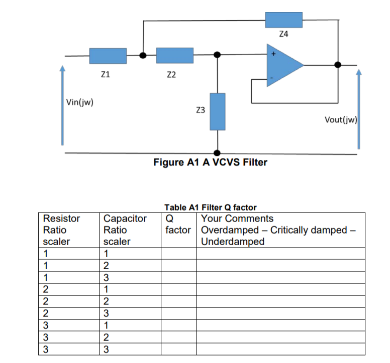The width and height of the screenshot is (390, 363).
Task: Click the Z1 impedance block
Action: pyautogui.click(x=108, y=56)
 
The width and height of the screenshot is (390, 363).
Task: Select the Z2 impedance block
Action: pyautogui.click(x=174, y=55)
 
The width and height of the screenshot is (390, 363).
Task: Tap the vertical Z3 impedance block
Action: pyautogui.click(x=218, y=112)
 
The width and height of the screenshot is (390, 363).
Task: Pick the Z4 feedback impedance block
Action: pyautogui.click(x=284, y=20)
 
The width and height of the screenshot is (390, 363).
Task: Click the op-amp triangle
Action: pyautogui.click(x=282, y=66)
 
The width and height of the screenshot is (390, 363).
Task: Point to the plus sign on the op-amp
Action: pyautogui.click(x=273, y=54)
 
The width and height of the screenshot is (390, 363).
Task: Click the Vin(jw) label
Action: pyautogui.click(x=80, y=102)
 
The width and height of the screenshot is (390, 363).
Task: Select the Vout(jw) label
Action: pyautogui.click(x=341, y=120)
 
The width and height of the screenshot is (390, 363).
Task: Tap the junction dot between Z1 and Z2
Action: pyautogui.click(x=143, y=55)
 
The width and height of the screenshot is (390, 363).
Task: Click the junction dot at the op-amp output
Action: pyautogui.click(x=338, y=65)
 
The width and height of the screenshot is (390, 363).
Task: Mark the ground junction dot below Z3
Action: pyautogui.click(x=217, y=152)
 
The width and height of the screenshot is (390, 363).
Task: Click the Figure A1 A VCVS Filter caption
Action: pyautogui.click(x=210, y=162)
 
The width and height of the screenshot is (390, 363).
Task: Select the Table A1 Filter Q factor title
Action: pyautogui.click(x=211, y=208)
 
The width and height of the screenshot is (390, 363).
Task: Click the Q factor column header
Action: pyautogui.click(x=178, y=224)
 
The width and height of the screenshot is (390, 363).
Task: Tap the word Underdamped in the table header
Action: pyautogui.click(x=233, y=242)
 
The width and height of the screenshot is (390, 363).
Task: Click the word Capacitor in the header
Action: pyautogui.click(x=125, y=219)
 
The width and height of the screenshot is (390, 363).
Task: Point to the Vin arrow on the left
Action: pyautogui.click(x=62, y=105)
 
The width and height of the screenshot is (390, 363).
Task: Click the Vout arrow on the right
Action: pyautogui.click(x=359, y=109)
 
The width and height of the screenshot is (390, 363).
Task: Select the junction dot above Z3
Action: pyautogui.click(x=217, y=55)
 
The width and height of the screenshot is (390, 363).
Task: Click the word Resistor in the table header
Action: pyautogui.click(x=61, y=219)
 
